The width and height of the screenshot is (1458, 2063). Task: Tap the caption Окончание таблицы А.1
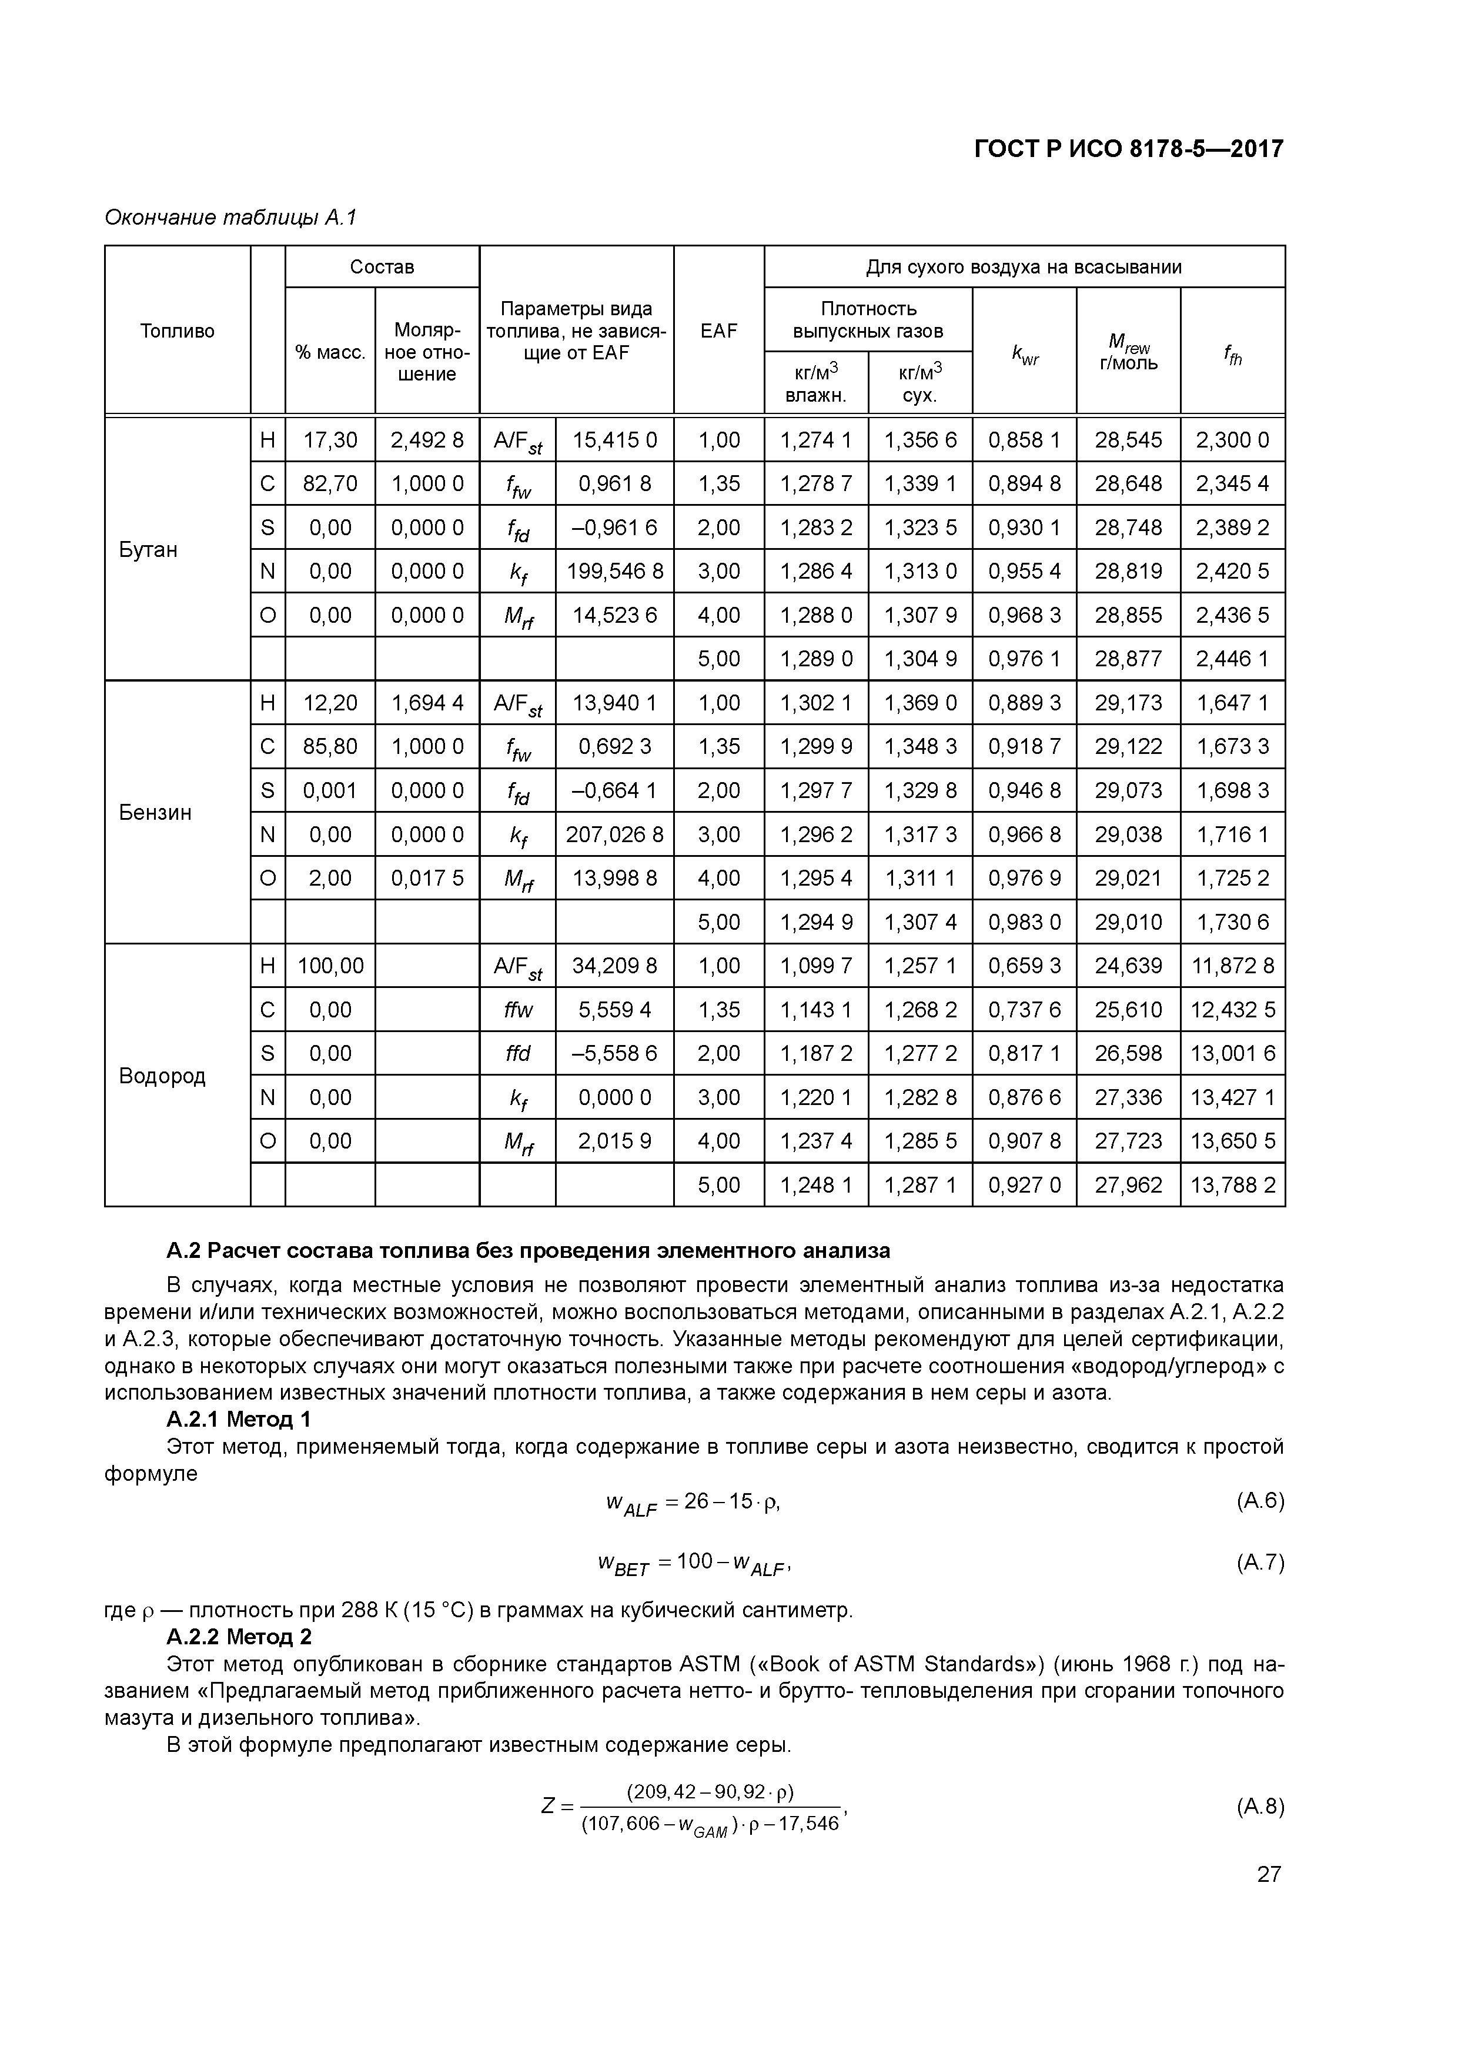click(231, 218)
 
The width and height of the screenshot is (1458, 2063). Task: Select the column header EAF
click(718, 331)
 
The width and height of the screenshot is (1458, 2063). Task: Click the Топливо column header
click(177, 331)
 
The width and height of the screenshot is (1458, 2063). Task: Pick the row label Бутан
click(148, 549)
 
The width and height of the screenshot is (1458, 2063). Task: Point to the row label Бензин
click(155, 812)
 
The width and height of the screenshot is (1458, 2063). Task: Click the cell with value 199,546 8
click(614, 572)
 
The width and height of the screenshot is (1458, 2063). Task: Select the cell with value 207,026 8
click(614, 834)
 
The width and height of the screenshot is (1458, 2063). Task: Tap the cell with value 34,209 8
click(614, 966)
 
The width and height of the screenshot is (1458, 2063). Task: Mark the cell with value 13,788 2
click(1232, 1185)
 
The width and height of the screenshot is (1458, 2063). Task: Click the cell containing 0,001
click(330, 791)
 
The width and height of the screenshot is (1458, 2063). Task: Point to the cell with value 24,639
click(1128, 966)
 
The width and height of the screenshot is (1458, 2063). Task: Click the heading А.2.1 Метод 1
click(239, 1420)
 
